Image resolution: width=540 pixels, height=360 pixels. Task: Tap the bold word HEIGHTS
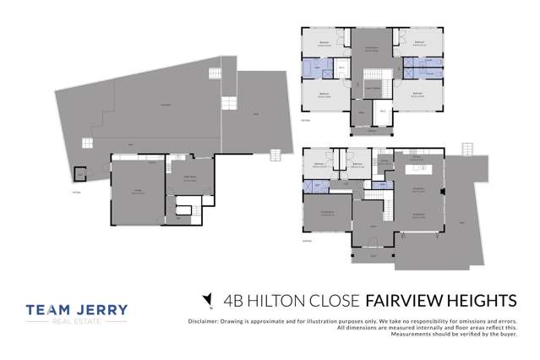pyautogui.click(x=481, y=300)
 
